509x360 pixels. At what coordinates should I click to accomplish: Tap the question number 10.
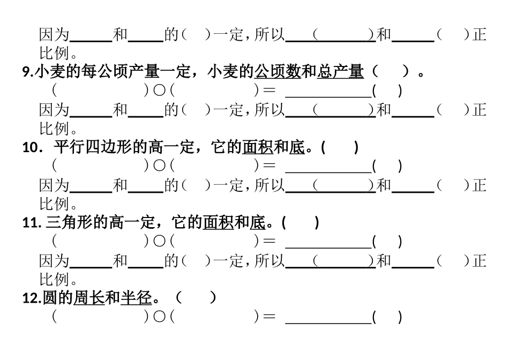31,148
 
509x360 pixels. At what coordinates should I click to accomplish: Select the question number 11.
31,223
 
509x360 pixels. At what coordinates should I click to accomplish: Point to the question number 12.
31,299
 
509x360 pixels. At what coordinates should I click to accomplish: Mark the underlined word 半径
136,298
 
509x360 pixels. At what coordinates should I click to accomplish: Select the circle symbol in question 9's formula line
159,91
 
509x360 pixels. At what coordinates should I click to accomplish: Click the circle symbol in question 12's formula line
159,317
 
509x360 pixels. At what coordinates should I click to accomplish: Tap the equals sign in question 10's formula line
270,166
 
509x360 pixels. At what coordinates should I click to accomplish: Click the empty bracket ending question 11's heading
300,223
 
